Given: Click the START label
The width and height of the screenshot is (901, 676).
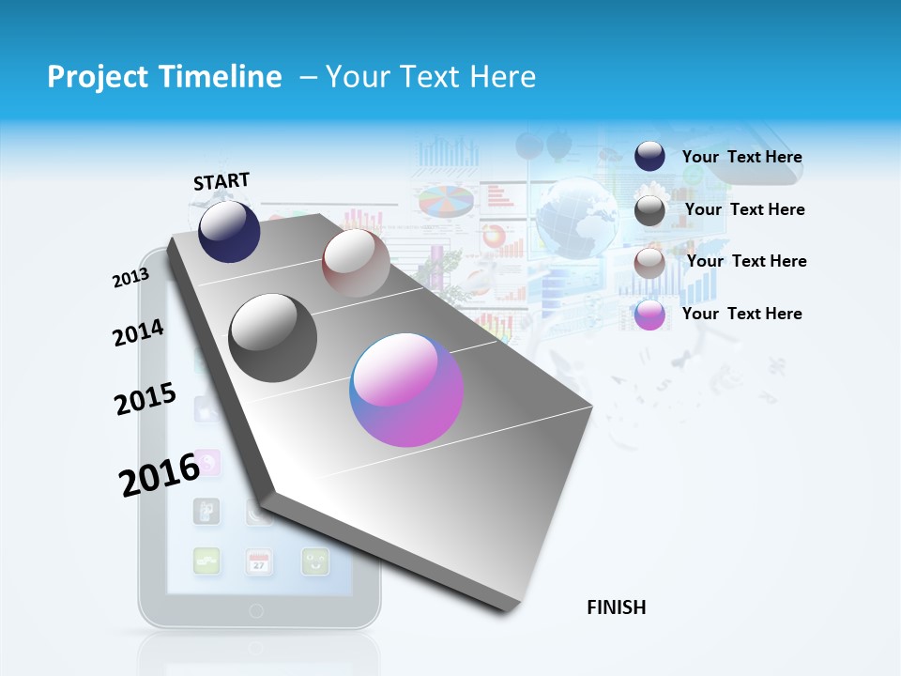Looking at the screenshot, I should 221,181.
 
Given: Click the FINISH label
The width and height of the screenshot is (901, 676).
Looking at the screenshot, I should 617,607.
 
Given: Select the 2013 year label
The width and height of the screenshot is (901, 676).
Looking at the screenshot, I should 130,278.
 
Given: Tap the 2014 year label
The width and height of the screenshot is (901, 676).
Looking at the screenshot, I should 138,332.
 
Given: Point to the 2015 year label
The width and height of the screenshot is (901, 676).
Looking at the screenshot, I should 145,399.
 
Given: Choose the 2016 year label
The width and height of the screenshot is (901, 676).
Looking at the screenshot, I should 160,473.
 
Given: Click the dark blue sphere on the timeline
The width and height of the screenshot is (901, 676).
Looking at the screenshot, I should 229,232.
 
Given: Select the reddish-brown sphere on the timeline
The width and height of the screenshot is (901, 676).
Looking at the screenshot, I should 356,262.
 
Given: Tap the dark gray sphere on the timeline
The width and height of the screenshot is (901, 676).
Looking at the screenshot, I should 273,338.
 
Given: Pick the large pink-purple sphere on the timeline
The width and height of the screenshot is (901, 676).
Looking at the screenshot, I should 406,390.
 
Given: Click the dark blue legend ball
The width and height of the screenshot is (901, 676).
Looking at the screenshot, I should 649,156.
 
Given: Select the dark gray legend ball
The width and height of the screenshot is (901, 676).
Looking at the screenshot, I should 649,210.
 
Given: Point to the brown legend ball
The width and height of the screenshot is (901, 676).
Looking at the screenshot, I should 649,263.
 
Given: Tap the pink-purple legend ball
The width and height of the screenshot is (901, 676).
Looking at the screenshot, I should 649,315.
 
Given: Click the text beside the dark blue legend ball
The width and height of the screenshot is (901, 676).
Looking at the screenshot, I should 741,157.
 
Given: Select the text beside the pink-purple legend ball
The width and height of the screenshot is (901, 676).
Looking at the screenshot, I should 741,314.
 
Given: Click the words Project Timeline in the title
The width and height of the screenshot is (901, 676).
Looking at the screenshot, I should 164,77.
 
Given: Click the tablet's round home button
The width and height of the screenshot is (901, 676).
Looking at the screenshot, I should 257,610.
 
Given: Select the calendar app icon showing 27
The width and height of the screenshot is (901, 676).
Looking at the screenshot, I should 259,561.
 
